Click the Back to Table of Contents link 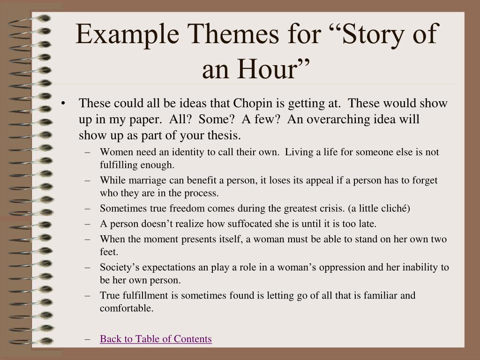point(156,339)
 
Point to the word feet point(109,252)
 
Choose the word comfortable point(127,308)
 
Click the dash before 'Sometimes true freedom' point(88,209)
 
